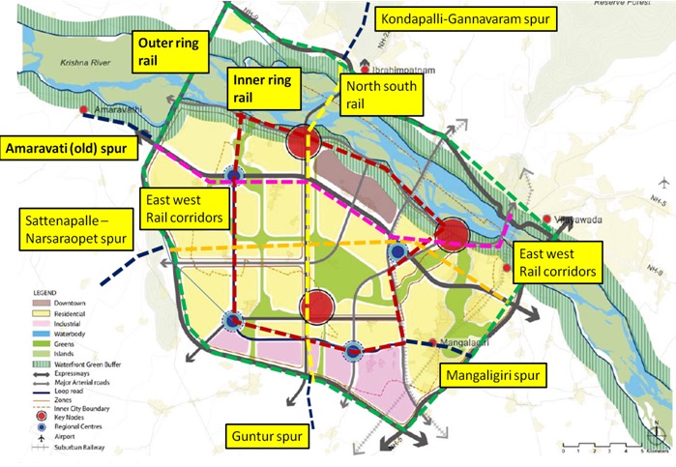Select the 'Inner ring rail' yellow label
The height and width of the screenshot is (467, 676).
pos(252,87)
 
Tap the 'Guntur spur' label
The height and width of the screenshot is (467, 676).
pos(265,436)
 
